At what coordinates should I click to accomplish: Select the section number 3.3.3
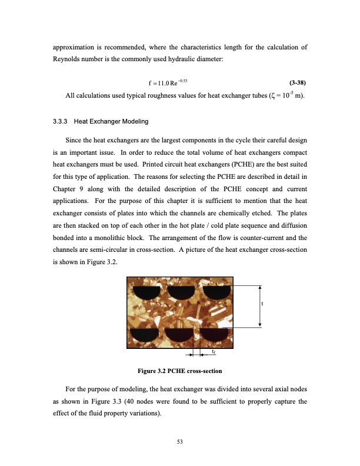tap(61, 121)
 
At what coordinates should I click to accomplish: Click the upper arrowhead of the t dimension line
tap(259, 287)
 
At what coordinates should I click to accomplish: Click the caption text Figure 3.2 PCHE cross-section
tap(179, 371)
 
